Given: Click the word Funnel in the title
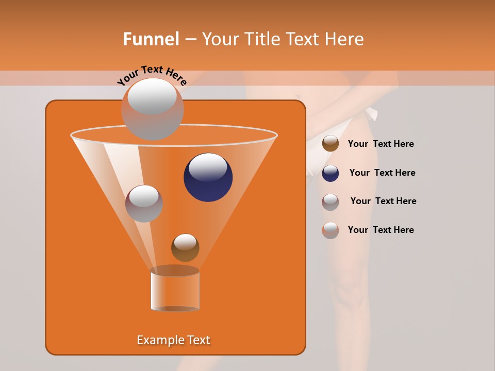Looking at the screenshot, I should (151, 39).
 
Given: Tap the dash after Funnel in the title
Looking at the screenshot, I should (190, 40).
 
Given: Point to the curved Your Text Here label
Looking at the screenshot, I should (152, 76).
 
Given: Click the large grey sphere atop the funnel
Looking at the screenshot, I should (152, 109).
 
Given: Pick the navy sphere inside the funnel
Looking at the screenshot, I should (208, 177).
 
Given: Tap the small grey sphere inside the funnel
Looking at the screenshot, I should (144, 204).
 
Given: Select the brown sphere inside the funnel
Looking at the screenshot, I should (185, 248).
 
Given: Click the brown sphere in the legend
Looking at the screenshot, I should (331, 144).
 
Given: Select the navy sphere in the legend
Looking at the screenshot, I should (331, 173).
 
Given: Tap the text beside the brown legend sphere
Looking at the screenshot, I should (381, 144).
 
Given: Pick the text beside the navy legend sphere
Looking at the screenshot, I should (382, 173).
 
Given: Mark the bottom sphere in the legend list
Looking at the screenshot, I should (331, 230).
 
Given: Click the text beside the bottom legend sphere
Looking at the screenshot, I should (381, 230).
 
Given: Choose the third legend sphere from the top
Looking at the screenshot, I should (331, 202).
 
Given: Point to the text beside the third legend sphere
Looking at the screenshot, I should (383, 201).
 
